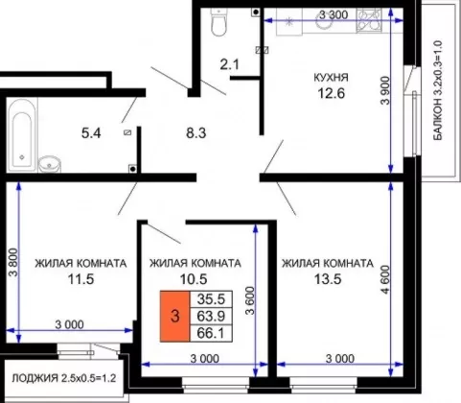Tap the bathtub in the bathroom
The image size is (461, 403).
coord(22,135)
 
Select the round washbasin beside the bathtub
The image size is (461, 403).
coord(50,164)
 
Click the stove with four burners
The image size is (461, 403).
coord(369,20)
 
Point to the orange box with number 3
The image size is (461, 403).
coord(174,317)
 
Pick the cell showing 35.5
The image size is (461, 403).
coord(211,299)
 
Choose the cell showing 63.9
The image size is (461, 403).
coord(211,317)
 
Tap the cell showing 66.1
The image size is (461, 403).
coord(211,333)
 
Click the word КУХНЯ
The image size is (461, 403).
coord(332,78)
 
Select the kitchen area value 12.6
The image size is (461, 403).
coord(332,93)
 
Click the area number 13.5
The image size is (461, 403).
coord(328,279)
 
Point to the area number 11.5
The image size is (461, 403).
coord(81,279)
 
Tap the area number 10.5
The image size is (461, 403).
coord(194,279)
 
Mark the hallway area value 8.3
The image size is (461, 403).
coord(196,132)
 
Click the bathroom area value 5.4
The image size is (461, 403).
coord(91,133)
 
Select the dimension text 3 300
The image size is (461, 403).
coord(334,14)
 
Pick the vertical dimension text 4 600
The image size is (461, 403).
coord(386,279)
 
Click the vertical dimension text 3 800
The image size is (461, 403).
coord(14,262)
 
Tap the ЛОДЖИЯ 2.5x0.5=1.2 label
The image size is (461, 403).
coord(63,378)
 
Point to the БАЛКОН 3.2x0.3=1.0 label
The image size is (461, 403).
coord(438,90)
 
